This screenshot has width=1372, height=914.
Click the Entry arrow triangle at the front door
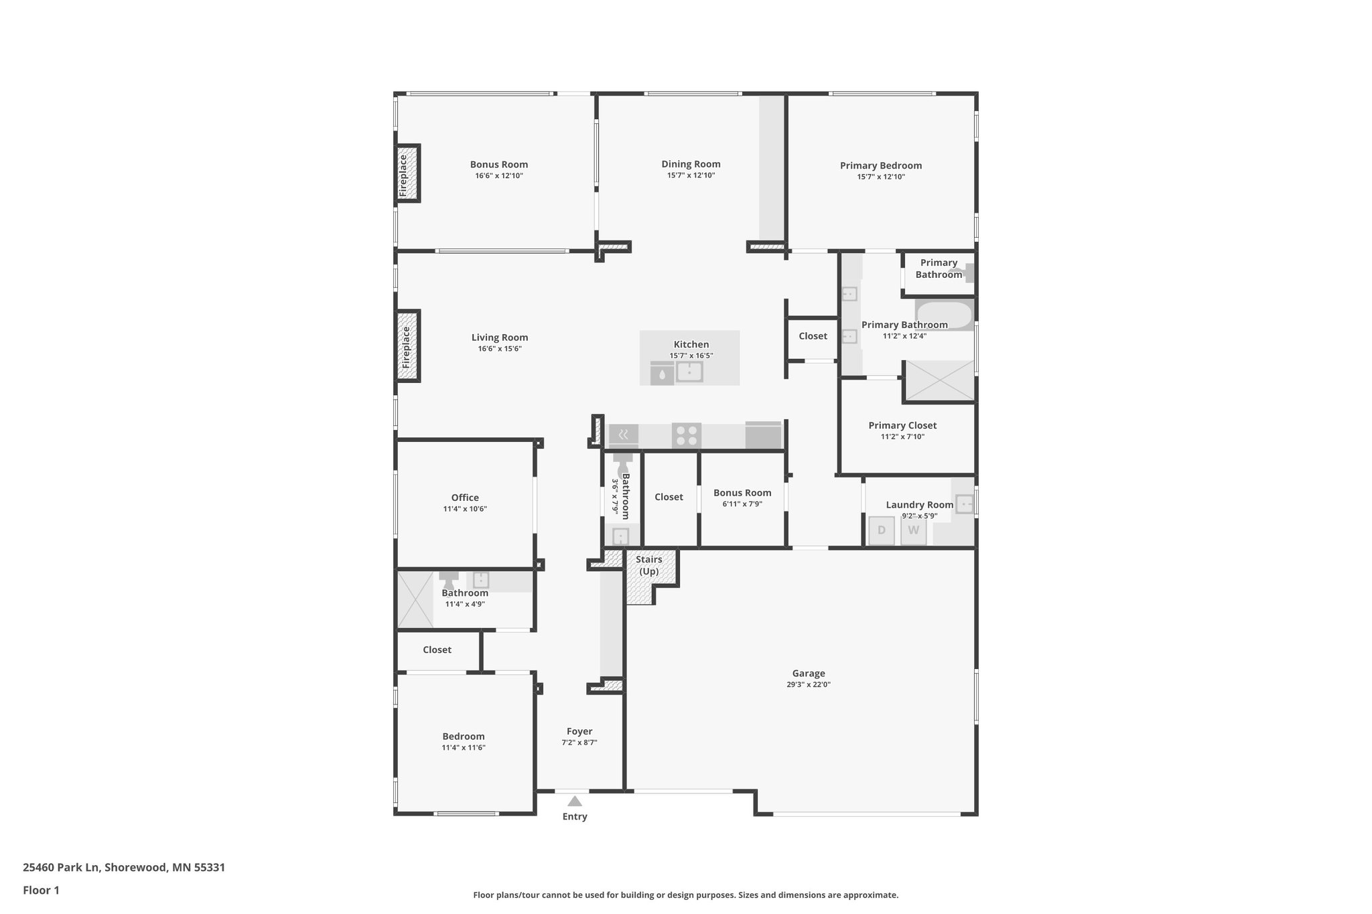(575, 801)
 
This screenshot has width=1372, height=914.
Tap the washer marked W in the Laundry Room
(913, 531)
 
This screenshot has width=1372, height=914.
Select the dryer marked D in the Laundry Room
(882, 531)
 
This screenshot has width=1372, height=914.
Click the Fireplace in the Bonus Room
(407, 173)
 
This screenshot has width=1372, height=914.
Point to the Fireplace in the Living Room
(407, 346)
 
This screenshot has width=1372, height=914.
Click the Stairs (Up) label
(648, 565)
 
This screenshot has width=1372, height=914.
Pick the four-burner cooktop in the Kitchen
(686, 435)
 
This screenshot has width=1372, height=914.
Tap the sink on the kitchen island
(689, 371)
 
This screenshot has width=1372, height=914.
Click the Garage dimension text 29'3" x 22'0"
(809, 684)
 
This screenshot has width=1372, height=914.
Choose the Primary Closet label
(902, 425)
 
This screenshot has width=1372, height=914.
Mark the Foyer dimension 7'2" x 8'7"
(579, 742)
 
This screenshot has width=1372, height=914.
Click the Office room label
(465, 498)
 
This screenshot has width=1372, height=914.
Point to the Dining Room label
(691, 164)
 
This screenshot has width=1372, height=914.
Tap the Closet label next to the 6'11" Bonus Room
(669, 497)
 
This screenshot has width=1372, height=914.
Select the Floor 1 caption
(41, 890)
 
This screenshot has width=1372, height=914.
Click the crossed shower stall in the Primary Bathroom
(939, 381)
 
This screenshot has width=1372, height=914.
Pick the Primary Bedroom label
(881, 165)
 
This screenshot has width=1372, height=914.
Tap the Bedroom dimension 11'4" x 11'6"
(464, 747)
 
